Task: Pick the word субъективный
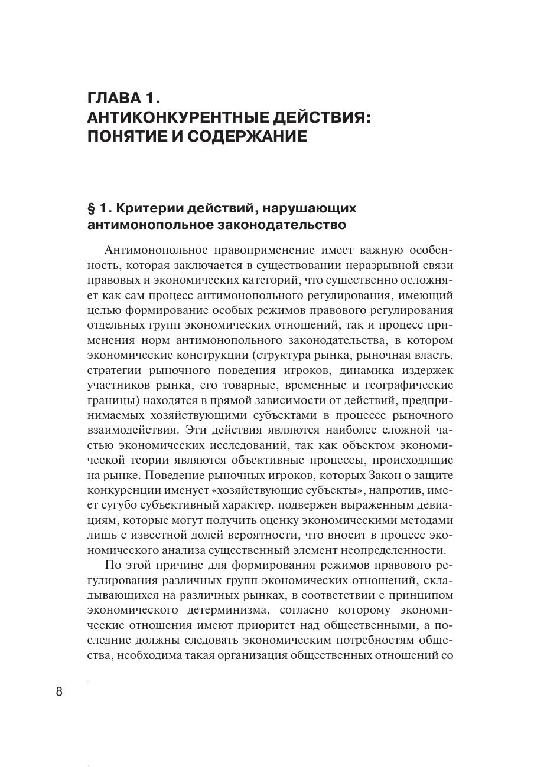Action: coord(184,505)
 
